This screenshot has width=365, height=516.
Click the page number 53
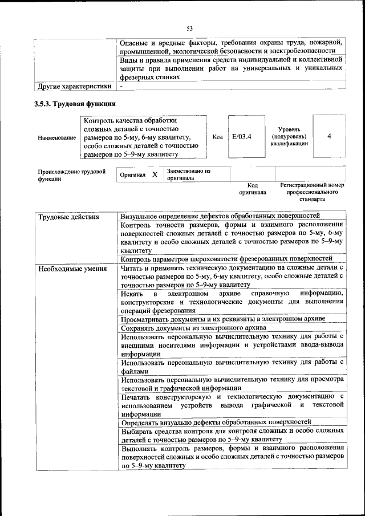[x=190, y=28]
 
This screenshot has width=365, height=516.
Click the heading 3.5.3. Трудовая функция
[x=75, y=104]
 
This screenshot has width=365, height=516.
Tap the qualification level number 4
[x=329, y=137]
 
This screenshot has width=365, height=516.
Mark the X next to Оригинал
[x=155, y=174]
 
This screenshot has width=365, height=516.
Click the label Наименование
[x=56, y=137]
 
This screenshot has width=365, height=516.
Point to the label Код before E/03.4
[x=217, y=137]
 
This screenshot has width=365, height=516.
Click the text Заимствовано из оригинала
[x=188, y=174]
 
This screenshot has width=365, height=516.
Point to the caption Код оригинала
[x=253, y=189]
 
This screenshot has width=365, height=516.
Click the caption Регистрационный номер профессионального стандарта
[x=312, y=193]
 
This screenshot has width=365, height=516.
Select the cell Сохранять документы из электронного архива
[x=193, y=328]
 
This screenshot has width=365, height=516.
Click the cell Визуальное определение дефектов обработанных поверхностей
[x=220, y=216]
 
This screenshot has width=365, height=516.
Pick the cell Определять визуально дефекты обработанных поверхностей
[x=216, y=422]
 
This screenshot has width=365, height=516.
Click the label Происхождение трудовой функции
[x=72, y=175]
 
